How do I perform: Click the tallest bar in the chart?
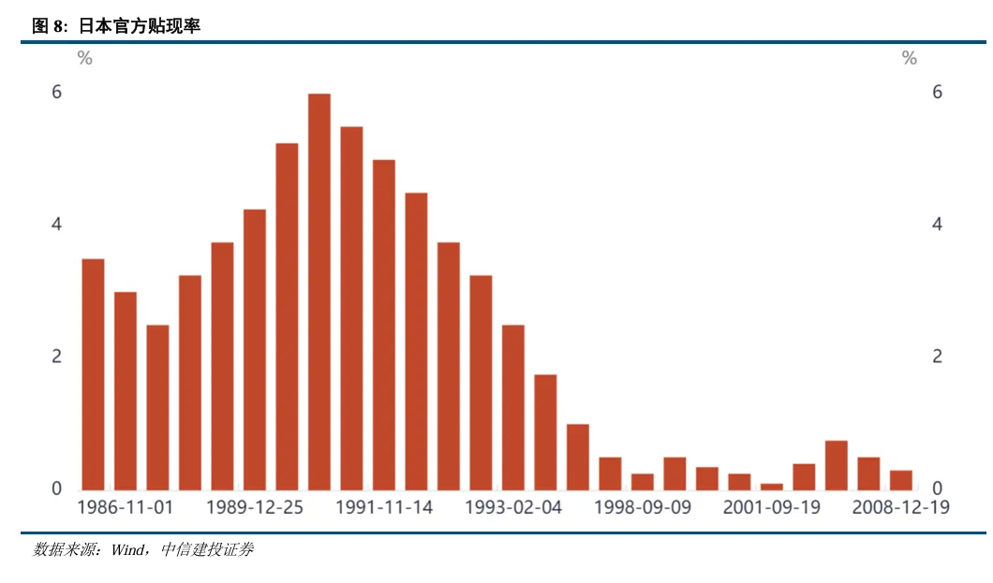tap(319, 291)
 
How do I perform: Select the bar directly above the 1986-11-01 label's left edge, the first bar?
tap(93, 373)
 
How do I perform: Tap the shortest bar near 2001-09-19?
tap(772, 487)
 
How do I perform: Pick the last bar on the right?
tap(901, 480)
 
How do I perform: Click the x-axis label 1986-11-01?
tap(125, 507)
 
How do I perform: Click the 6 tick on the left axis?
tap(57, 92)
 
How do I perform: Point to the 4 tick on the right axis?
tap(937, 225)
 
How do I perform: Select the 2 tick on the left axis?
tap(57, 357)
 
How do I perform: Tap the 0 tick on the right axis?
tap(937, 488)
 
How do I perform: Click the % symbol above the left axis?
tap(85, 59)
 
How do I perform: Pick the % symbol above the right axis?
tap(910, 59)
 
